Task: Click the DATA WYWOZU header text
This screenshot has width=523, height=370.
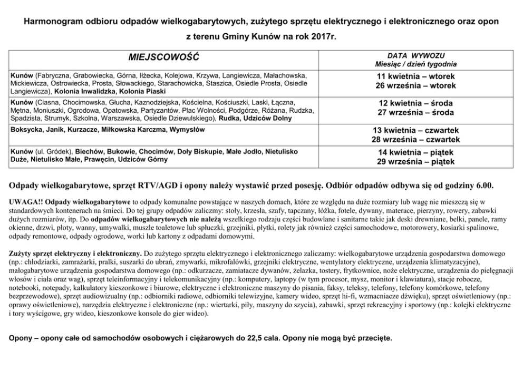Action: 416,55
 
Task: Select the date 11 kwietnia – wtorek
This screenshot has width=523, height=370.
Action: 415,76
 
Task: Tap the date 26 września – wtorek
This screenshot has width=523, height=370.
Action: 415,85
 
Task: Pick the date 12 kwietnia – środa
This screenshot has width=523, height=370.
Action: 415,103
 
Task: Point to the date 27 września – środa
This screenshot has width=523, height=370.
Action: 415,112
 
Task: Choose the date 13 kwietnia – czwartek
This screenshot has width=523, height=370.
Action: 415,130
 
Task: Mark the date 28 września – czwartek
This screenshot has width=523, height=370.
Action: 415,140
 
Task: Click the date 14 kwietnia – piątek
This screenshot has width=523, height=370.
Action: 415,152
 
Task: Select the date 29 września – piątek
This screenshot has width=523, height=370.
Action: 415,162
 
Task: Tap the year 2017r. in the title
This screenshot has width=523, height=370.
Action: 322,37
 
